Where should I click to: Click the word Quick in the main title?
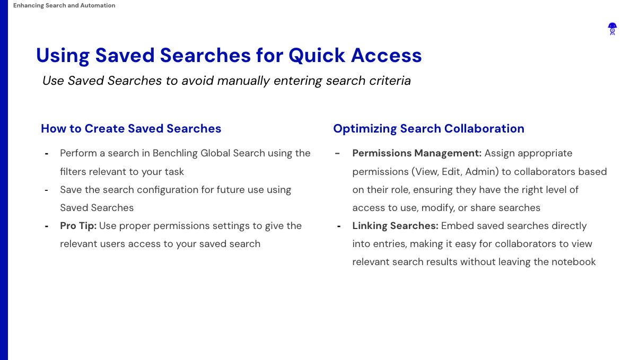(x=317, y=56)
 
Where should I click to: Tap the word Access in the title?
(x=387, y=56)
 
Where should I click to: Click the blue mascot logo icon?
(x=612, y=29)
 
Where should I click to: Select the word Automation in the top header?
(x=98, y=5)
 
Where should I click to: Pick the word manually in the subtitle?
(x=243, y=81)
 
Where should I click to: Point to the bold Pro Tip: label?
(x=78, y=226)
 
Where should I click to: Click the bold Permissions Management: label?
(x=417, y=153)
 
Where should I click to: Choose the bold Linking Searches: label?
(x=395, y=226)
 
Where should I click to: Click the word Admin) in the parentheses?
(x=482, y=172)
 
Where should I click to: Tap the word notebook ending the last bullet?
(x=573, y=262)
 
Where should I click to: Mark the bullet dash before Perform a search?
(x=47, y=154)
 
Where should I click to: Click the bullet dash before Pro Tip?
(x=47, y=226)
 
